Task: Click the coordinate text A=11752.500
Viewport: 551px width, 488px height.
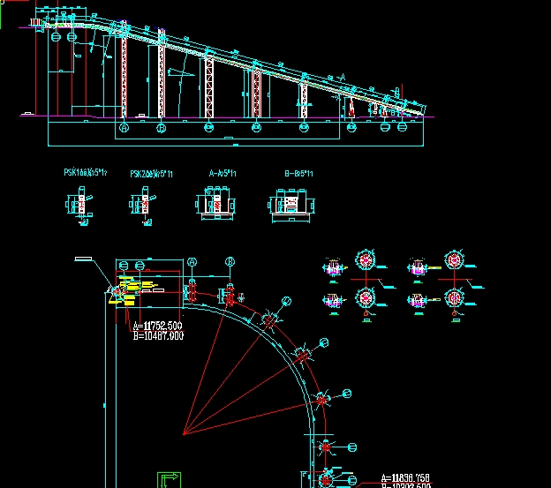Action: [x=158, y=326]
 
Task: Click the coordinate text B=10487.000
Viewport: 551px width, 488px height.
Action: [x=158, y=335]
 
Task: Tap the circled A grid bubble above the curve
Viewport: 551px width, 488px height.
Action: [x=192, y=262]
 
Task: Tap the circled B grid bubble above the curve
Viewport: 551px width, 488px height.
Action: [x=230, y=262]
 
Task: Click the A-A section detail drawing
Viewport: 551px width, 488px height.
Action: [x=216, y=204]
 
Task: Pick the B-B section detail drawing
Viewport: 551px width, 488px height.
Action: [x=290, y=204]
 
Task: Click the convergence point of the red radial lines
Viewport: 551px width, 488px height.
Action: [x=183, y=433]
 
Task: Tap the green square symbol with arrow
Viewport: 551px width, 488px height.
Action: [x=169, y=480]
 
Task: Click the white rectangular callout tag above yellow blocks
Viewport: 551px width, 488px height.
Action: [x=84, y=259]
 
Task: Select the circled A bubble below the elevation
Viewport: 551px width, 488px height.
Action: [x=124, y=128]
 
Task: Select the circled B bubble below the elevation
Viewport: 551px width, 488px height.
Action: [x=161, y=128]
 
